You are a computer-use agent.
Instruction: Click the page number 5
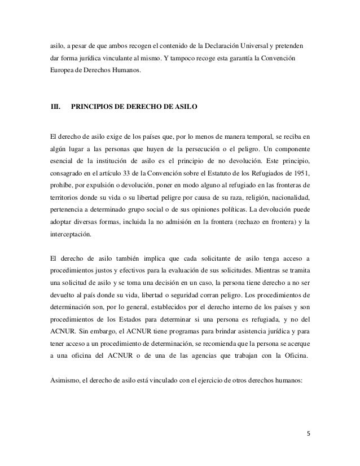tap(308, 434)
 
